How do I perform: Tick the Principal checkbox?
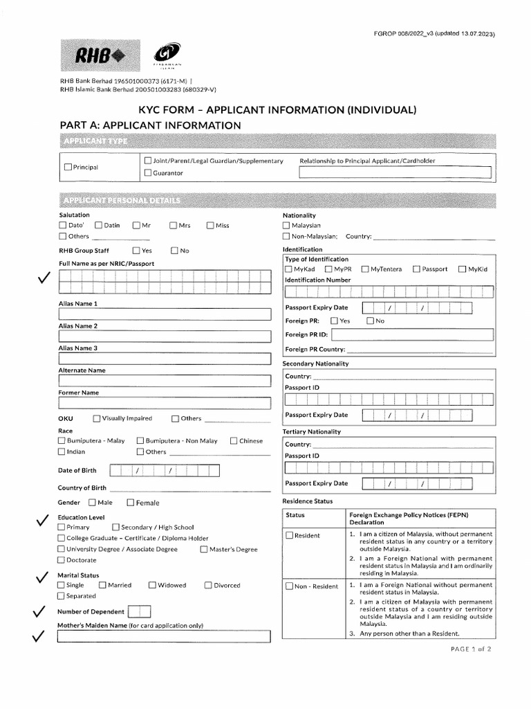pos(67,167)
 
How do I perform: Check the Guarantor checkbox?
pos(148,173)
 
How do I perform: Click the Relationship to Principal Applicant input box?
pos(395,173)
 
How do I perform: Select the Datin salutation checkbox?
pos(99,226)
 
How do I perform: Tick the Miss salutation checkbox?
pos(210,226)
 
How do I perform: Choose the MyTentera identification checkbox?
pos(365,269)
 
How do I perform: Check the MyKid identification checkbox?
pos(462,269)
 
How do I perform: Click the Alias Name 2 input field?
pos(164,336)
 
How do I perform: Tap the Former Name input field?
pos(164,403)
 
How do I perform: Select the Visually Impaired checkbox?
pos(97,419)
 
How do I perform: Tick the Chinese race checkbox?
pos(234,441)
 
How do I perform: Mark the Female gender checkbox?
pos(130,503)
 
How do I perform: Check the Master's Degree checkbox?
pos(205,550)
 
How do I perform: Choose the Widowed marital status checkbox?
pos(152,586)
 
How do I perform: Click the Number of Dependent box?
pos(139,611)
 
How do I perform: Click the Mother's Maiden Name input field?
pos(164,636)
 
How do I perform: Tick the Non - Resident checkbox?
pos(290,586)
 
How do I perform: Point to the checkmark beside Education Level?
pos(41,521)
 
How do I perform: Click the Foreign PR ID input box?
pos(412,335)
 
